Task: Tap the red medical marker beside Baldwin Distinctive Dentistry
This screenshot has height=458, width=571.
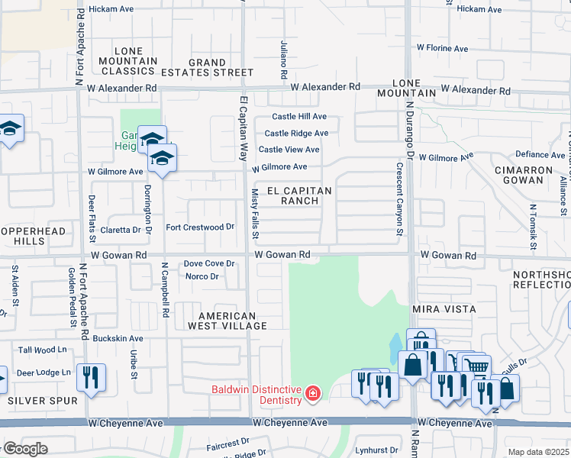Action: [x=312, y=394]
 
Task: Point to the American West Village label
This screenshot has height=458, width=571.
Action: [x=227, y=321]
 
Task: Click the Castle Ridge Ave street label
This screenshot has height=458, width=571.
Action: [x=296, y=133]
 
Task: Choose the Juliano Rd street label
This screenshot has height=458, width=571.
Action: [x=282, y=61]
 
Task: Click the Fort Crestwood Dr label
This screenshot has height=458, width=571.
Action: [x=200, y=227]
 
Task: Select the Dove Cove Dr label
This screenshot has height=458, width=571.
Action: [x=208, y=263]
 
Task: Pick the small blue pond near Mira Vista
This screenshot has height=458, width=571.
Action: [x=395, y=349]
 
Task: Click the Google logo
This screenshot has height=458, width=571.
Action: [x=24, y=449]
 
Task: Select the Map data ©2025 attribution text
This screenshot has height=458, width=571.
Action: [x=538, y=452]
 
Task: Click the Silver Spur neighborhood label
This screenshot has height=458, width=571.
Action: [x=43, y=400]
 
